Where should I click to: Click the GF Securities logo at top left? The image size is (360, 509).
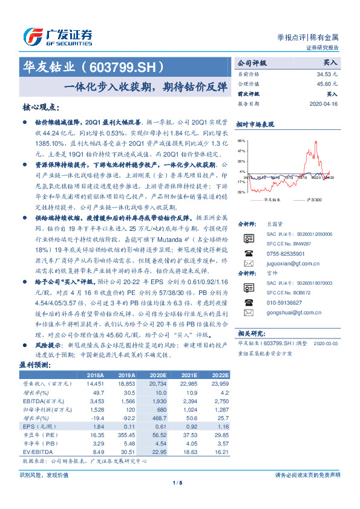[57, 36]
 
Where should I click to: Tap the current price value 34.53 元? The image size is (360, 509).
[329, 73]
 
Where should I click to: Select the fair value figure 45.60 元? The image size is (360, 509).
[329, 83]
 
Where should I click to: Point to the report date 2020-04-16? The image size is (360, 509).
[325, 104]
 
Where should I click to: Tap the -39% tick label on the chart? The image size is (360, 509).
[241, 192]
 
